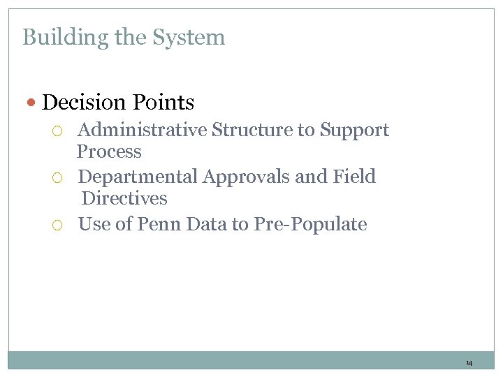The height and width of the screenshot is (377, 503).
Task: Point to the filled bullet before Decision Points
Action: tap(32, 103)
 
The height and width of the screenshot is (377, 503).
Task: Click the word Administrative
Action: tap(142, 130)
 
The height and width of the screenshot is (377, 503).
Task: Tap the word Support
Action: tap(354, 131)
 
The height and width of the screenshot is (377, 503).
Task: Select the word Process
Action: tap(109, 151)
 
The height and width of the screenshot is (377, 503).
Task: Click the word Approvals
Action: tap(247, 177)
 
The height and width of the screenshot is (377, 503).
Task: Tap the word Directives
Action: tap(124, 198)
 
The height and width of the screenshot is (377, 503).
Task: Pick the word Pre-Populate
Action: tap(310, 225)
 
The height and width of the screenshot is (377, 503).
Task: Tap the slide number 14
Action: tap(469, 363)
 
